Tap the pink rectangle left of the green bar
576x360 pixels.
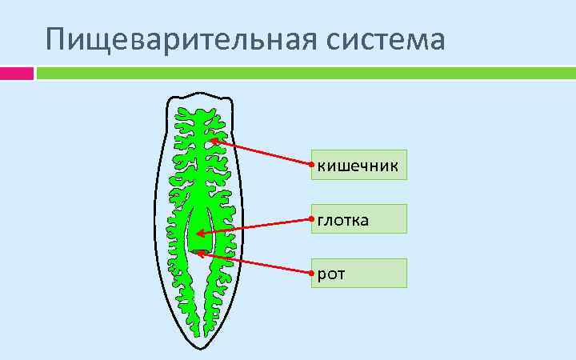click(x=16, y=73)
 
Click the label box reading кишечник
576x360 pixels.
click(x=359, y=165)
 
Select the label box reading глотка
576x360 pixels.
click(x=359, y=218)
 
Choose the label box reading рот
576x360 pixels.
click(x=359, y=273)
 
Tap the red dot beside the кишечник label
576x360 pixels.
click(x=311, y=166)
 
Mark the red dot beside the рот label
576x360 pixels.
click(x=311, y=273)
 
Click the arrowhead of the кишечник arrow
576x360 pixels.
click(x=214, y=141)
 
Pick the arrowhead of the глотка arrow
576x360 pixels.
click(x=198, y=234)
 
